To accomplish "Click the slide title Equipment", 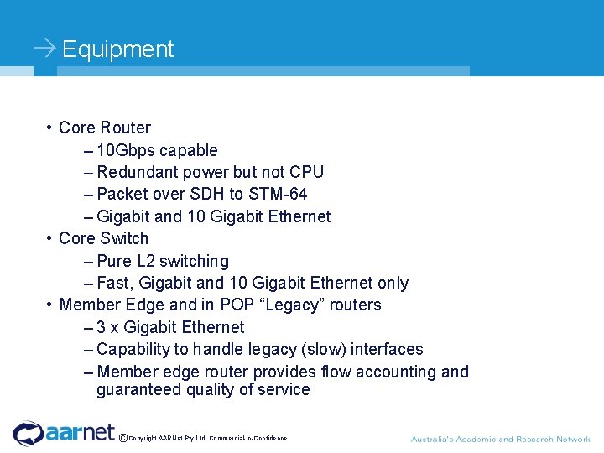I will click(x=117, y=49).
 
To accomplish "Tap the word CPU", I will click(x=306, y=172).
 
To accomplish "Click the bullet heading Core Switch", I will click(x=103, y=238).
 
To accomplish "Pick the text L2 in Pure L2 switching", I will click(x=145, y=261).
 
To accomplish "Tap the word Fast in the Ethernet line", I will click(x=115, y=283).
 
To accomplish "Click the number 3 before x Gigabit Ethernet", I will click(x=102, y=327).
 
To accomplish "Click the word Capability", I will click(x=133, y=349).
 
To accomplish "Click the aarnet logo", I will click(x=64, y=433).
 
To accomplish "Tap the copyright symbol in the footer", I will click(x=123, y=437).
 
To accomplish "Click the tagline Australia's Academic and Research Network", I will click(x=500, y=439).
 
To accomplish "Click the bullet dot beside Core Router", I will click(x=50, y=128).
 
